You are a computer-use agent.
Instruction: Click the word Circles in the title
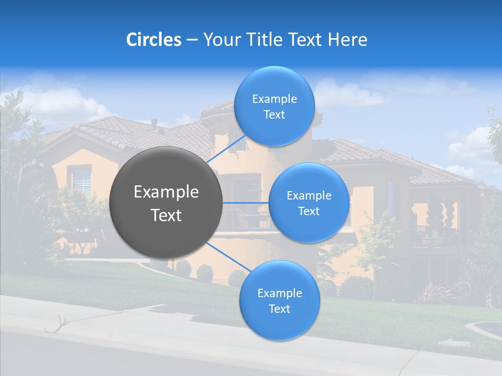pyautogui.click(x=154, y=40)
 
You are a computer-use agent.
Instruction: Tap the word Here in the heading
pyautogui.click(x=348, y=40)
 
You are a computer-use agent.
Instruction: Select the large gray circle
pyautogui.click(x=166, y=203)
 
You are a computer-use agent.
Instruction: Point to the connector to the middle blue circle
pyautogui.click(x=246, y=203)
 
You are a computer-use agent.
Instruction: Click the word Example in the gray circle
pyautogui.click(x=166, y=192)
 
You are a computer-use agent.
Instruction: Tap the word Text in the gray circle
pyautogui.click(x=166, y=215)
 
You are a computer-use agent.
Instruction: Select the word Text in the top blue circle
pyautogui.click(x=274, y=115)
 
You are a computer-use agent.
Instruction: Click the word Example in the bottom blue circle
pyautogui.click(x=279, y=293)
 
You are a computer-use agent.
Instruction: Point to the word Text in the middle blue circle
pyautogui.click(x=309, y=211)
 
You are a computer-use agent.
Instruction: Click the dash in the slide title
pyautogui.click(x=192, y=40)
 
